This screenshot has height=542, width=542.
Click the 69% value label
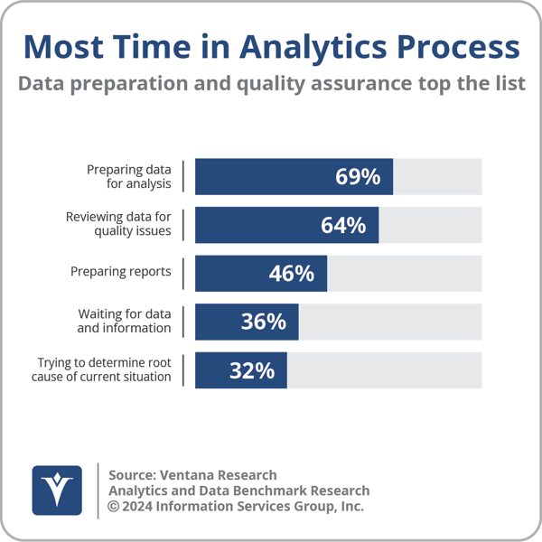[x=358, y=177]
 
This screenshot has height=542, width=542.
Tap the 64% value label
[x=343, y=226]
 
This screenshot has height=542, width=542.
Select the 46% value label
[x=291, y=274]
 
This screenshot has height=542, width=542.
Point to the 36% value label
[x=263, y=322]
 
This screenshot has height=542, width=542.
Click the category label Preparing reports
[x=121, y=271]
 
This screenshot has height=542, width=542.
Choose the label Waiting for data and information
[x=125, y=321]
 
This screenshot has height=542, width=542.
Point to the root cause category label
[x=104, y=369]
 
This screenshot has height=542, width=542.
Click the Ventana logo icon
[x=58, y=491]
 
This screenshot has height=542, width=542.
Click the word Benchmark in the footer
[x=263, y=491]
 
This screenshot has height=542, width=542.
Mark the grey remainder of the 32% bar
[x=384, y=370]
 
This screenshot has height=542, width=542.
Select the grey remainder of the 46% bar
[x=404, y=274]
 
